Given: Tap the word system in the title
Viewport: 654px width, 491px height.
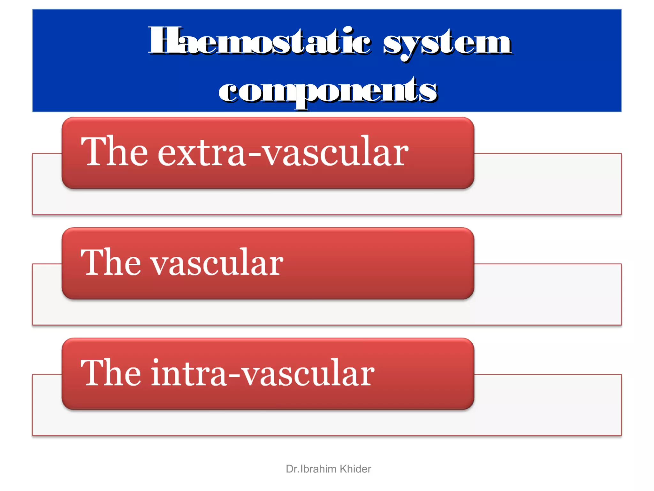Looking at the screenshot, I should tap(447, 43).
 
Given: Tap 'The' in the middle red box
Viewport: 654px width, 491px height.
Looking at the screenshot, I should tap(110, 262).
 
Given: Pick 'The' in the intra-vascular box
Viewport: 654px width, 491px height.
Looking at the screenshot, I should tap(110, 373).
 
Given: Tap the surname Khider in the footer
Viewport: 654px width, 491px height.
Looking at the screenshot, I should tap(355, 469).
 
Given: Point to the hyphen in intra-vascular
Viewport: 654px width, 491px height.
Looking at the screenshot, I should tap(234, 377).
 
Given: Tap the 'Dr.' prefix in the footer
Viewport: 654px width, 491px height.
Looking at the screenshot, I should tap(293, 469).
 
